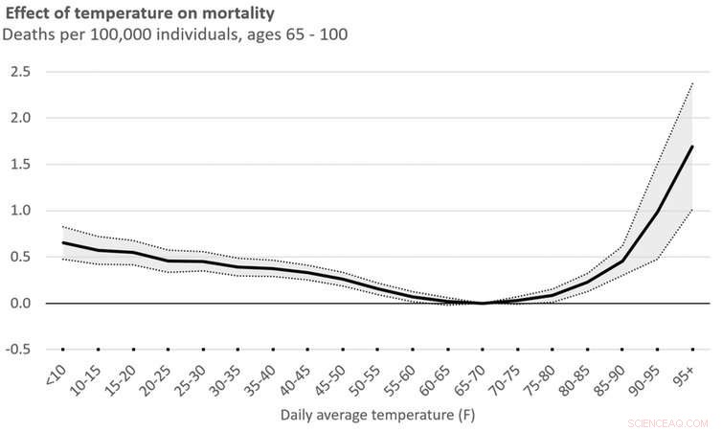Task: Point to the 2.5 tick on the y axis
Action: (x=21, y=72)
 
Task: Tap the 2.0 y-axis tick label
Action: (x=21, y=118)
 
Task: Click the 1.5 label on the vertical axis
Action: (x=21, y=165)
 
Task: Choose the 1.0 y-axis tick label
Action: (x=21, y=211)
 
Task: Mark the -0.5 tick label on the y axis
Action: (x=19, y=350)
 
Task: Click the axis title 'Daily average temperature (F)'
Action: (x=377, y=416)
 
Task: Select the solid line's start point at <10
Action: (x=63, y=242)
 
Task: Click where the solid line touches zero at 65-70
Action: (x=483, y=304)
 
